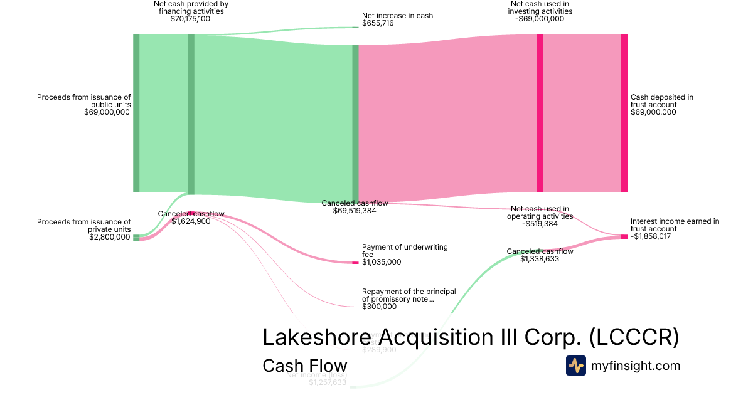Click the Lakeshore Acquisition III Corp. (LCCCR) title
(x=470, y=337)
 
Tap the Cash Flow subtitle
(x=304, y=366)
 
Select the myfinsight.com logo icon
(x=575, y=366)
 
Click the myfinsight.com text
(x=636, y=366)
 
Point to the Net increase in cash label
(x=397, y=16)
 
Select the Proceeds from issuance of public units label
(x=83, y=101)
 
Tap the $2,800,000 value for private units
(x=110, y=238)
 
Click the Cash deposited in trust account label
(x=661, y=101)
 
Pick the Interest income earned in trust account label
(x=675, y=225)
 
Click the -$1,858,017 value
(x=654, y=237)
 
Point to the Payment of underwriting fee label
(x=405, y=251)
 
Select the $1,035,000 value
(x=382, y=262)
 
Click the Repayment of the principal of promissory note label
(x=409, y=295)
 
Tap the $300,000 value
(x=379, y=307)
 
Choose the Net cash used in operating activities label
(x=540, y=213)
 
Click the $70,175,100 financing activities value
(x=190, y=19)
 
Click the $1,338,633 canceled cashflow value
(x=539, y=259)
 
